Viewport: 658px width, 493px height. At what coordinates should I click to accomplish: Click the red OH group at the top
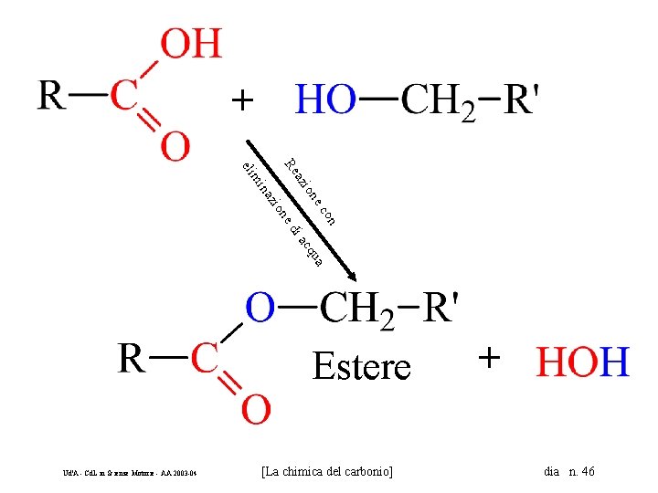(191, 44)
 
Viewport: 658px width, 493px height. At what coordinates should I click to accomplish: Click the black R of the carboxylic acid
(51, 95)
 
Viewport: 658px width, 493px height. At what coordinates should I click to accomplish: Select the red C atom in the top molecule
(123, 95)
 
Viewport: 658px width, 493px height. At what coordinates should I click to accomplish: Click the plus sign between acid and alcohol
(240, 99)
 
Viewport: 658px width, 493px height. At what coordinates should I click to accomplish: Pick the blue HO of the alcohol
(325, 100)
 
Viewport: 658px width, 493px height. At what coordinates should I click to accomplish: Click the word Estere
(361, 367)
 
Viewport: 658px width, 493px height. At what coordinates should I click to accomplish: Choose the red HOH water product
(582, 362)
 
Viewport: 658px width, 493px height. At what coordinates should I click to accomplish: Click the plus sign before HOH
(490, 358)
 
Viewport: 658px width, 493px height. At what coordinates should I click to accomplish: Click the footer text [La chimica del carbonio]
(327, 472)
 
